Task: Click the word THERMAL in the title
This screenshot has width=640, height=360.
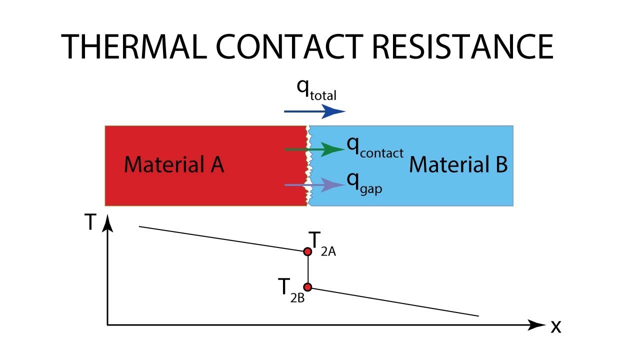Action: pos(134,46)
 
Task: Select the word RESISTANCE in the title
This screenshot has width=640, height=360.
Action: pos(463,46)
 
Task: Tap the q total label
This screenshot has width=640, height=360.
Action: pos(316,89)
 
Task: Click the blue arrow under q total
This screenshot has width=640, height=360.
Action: pos(314,111)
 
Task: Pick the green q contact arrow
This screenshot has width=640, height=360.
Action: pos(314,149)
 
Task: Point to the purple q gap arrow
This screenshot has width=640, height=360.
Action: pos(314,185)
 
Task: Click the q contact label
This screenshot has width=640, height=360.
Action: pos(375,147)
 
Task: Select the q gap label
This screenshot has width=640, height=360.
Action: pos(364,184)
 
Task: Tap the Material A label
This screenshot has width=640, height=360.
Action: pos(174,164)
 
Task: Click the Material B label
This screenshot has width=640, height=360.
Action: pos(458,164)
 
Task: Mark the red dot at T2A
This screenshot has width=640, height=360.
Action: pos(307,251)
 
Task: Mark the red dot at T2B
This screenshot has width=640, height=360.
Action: pos(307,287)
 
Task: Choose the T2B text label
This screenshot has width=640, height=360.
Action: pos(291,290)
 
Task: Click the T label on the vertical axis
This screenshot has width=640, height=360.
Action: pos(90,222)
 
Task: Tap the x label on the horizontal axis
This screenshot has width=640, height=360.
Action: pos(556,326)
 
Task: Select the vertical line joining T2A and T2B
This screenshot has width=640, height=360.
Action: pos(307,269)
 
